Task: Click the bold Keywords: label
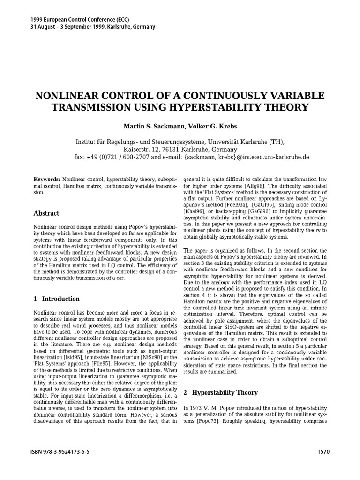(x=47, y=180)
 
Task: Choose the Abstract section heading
(x=46, y=213)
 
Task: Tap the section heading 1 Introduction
(x=57, y=299)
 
